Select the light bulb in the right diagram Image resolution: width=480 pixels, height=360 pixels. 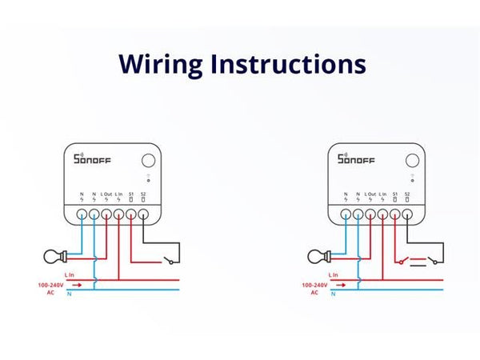317,258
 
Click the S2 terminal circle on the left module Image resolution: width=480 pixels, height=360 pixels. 143,214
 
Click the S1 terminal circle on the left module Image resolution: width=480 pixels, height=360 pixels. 131,214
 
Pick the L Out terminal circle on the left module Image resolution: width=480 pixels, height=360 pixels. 106,214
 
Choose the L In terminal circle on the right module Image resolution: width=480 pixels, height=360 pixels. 382,214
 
